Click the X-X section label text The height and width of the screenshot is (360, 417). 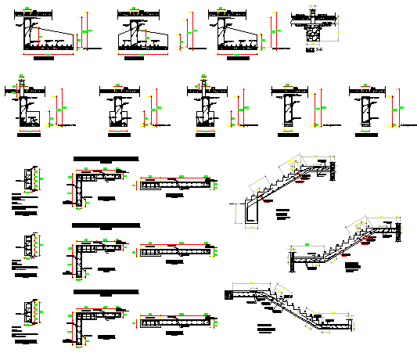click(x=311, y=49)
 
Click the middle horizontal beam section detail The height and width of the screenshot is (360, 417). click(x=175, y=251)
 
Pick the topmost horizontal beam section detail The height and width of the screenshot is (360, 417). click(x=175, y=185)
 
